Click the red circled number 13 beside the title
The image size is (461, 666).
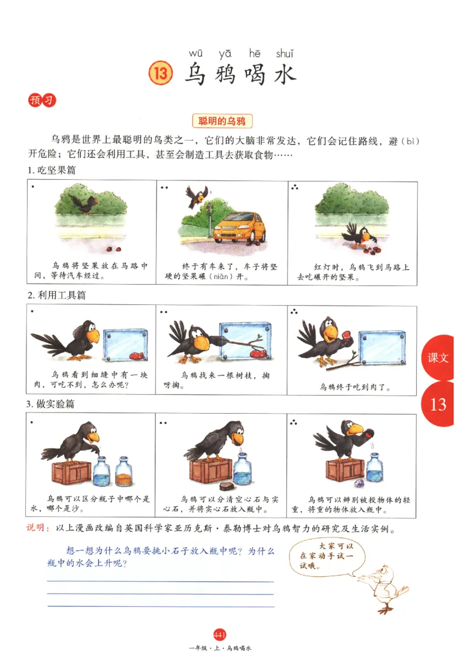161,74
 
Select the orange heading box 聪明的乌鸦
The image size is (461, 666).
222,121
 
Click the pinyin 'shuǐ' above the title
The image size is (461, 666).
284,54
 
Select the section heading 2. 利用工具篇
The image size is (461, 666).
56,295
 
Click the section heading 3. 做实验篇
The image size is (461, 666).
51,404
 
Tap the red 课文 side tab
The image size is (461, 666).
438,358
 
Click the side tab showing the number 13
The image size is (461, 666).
439,404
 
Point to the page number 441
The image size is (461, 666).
220,635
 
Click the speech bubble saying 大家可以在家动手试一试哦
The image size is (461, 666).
324,556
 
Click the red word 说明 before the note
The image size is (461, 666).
38,528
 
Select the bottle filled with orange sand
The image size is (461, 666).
123,472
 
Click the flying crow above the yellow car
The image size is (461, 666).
196,196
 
